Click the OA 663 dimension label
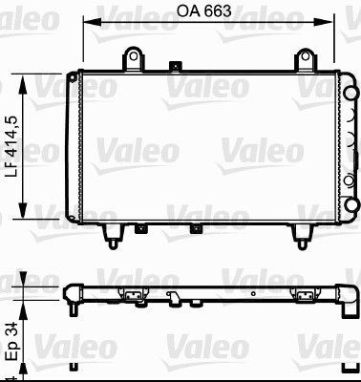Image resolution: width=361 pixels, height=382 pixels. [205, 11]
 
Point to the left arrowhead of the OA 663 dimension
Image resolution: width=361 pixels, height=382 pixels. [86, 23]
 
